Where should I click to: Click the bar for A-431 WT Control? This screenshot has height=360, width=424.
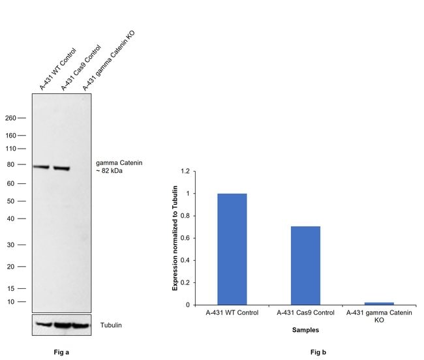coord(232,249)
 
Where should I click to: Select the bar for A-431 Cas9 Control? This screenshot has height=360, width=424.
coord(305,265)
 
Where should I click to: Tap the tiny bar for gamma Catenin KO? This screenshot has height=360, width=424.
coord(379,303)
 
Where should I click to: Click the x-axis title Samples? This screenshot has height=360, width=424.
coord(306,330)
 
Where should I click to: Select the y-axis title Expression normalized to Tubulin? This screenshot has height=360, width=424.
coord(175,238)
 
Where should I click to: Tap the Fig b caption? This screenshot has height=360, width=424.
coord(318,352)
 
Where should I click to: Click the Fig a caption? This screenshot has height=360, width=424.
coord(61,352)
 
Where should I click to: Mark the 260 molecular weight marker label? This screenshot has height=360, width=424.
coord(10,118)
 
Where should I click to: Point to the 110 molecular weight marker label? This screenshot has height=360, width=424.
coord(10,149)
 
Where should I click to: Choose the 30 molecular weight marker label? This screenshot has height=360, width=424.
coord(12,245)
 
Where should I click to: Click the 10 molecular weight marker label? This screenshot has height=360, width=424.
coord(12,301)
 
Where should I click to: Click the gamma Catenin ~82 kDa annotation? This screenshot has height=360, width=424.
coord(118,166)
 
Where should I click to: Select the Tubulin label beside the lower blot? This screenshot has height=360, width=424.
coord(110,325)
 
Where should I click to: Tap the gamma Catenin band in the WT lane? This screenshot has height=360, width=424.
coord(41,167)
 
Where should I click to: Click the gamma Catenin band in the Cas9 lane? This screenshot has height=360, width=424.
coord(61,168)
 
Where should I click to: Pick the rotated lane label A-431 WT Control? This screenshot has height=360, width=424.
coord(57,69)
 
